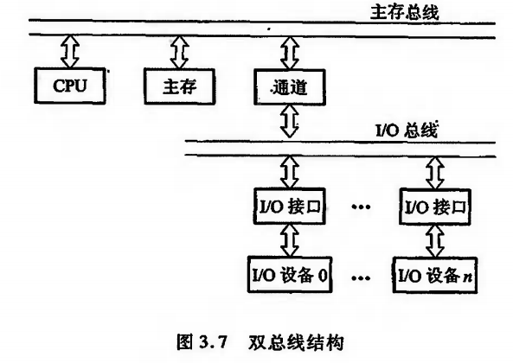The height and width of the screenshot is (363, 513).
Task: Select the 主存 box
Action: pyautogui.click(x=176, y=86)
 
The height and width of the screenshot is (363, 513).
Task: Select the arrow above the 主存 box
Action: pyautogui.click(x=176, y=53)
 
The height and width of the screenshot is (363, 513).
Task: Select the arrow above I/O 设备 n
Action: pyautogui.click(x=437, y=239)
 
